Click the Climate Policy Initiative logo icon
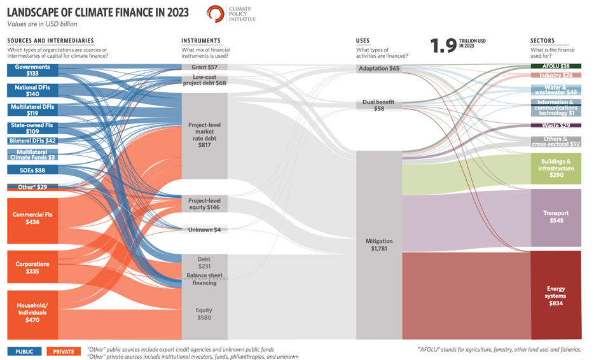point(216,14)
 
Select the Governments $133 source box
point(32,70)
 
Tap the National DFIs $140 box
point(32,90)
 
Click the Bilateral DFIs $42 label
point(32,141)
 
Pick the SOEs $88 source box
point(32,170)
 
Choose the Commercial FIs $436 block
point(32,219)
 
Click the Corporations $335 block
point(32,267)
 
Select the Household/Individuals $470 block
point(32,312)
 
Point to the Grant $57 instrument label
point(204,67)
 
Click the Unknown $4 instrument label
point(204,230)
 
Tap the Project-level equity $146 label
point(204,204)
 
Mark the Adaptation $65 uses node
point(379,68)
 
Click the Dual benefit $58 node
point(379,105)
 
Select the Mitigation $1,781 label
point(379,245)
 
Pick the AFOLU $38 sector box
point(556,66)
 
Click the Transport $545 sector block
point(556,217)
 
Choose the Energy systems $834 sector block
point(556,296)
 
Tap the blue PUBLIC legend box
point(25,351)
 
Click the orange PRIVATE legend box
point(64,351)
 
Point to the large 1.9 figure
point(443,45)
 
